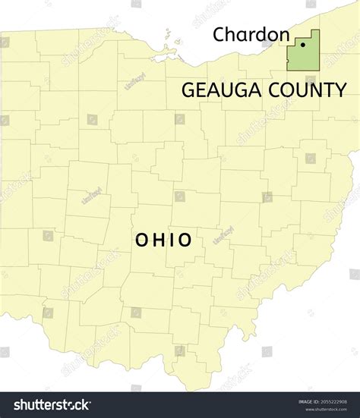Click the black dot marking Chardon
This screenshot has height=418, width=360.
click(303, 45)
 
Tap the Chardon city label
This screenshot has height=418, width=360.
click(251, 34)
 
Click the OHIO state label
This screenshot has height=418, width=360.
click(163, 240)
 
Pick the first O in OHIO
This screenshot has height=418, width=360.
click(141, 240)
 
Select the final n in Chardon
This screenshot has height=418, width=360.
click(283, 34)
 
